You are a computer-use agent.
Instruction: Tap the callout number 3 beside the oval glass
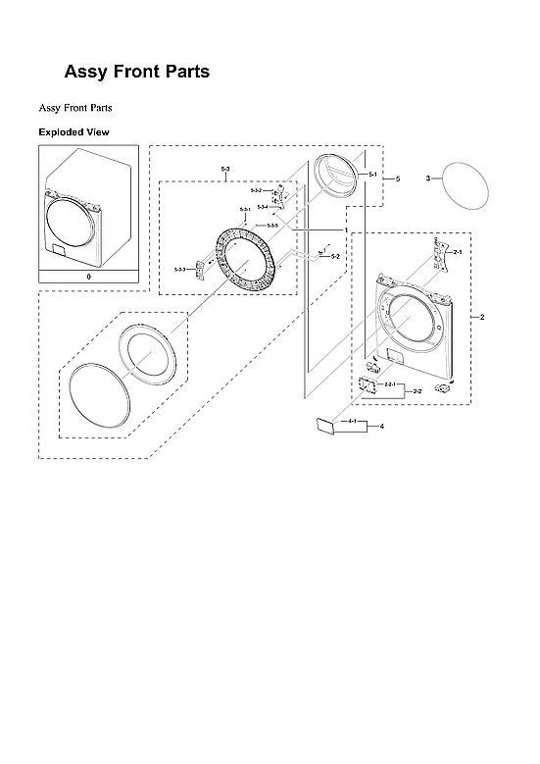pos(427,178)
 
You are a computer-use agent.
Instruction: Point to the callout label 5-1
pos(373,174)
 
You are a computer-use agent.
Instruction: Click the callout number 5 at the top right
pos(397,178)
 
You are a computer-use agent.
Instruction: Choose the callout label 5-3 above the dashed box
pos(225,171)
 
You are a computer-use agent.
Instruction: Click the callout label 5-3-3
pos(180,269)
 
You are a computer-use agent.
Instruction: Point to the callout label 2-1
pos(457,252)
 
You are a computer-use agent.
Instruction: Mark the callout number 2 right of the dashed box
pos(481,317)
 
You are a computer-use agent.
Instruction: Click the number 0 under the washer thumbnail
pos(88,278)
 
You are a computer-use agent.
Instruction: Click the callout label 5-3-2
pos(256,190)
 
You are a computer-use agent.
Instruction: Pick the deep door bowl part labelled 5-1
pos(331,177)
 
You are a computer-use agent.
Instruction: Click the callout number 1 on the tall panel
pos(345,229)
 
